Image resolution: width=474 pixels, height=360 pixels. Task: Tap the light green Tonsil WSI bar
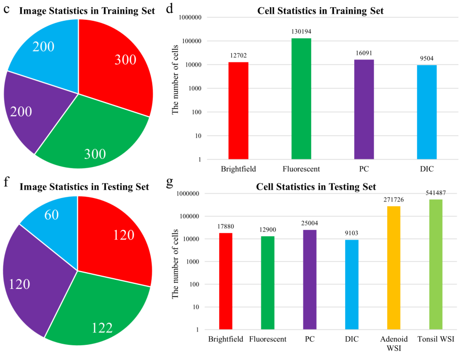(x=435, y=264)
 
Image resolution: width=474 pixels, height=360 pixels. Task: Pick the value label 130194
(x=301, y=31)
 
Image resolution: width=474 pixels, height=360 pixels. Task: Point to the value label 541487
(x=435, y=193)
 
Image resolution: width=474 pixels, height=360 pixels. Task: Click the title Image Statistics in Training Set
(x=87, y=11)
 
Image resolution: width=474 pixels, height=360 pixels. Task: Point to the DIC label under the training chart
(x=427, y=168)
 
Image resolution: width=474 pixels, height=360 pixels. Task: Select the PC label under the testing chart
(x=310, y=339)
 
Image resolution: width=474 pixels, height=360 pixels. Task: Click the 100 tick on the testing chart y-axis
(x=198, y=284)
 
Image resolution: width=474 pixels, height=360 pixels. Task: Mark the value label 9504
(x=427, y=58)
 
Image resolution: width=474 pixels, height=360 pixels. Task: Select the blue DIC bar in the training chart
(x=427, y=112)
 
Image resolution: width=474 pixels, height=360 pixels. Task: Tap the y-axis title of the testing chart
(x=176, y=261)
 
